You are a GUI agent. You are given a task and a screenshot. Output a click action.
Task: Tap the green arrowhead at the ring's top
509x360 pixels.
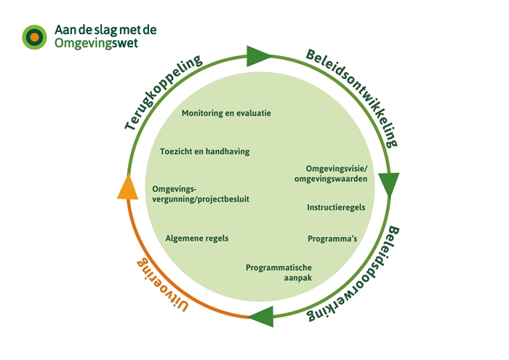258,55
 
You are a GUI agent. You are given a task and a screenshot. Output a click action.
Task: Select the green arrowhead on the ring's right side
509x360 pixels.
389,185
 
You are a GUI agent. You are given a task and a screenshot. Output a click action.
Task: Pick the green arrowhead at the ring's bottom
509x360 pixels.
261,316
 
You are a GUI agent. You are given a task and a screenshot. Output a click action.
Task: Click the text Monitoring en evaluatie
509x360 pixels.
226,113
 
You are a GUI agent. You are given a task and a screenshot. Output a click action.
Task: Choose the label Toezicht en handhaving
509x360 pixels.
204,151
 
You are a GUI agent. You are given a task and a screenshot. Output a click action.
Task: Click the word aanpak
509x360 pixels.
297,278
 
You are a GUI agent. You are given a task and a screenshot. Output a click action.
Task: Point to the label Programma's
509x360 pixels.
332,238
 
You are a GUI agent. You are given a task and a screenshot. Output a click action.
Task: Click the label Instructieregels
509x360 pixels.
336,207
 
